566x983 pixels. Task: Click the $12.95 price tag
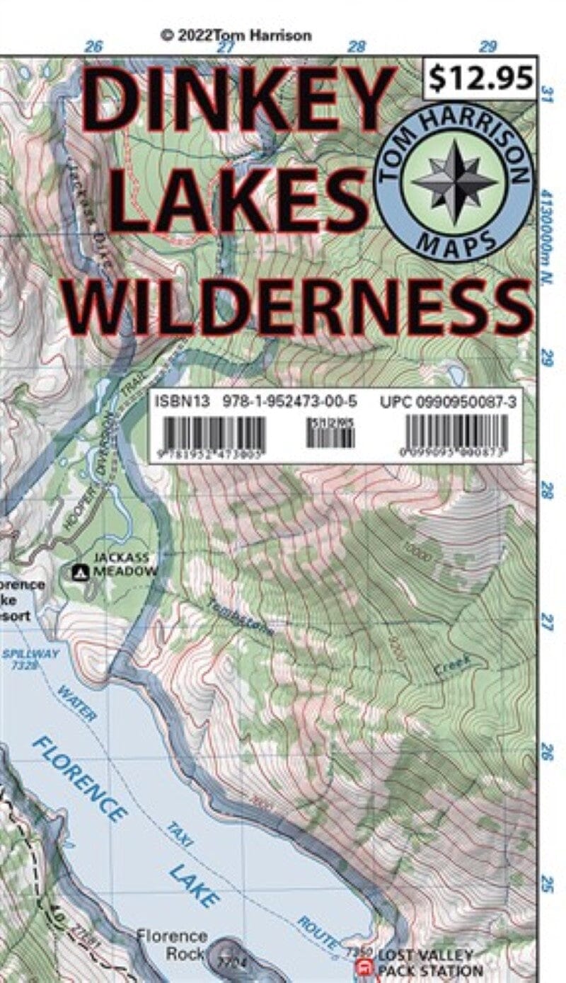click(x=480, y=79)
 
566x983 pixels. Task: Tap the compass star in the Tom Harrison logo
click(x=454, y=182)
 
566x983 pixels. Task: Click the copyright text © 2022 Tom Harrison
click(x=236, y=35)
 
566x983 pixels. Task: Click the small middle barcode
click(x=330, y=433)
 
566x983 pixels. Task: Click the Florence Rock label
click(x=172, y=944)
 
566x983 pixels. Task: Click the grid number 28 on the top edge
click(x=357, y=47)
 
